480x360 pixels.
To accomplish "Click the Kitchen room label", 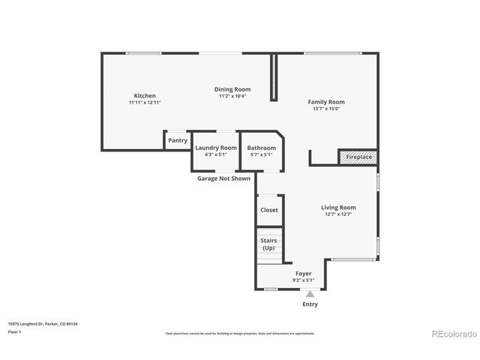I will click(x=145, y=96).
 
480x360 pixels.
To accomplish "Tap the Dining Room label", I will click(x=232, y=89).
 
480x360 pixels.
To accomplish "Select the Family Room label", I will click(x=326, y=102).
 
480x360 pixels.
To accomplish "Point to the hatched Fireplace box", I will click(x=358, y=157).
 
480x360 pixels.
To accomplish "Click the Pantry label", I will click(x=178, y=140).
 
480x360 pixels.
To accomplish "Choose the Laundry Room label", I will click(x=216, y=148).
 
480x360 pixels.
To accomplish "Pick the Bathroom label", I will click(x=262, y=148).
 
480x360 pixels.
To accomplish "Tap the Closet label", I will click(x=269, y=210).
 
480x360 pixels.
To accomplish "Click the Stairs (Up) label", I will click(x=268, y=244).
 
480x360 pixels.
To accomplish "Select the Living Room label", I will click(x=339, y=207).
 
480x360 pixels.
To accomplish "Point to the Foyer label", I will click(x=304, y=274).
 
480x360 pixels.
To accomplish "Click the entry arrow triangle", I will click(x=310, y=294).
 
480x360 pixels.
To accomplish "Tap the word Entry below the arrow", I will click(x=310, y=304).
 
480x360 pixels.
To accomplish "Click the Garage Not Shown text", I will click(x=223, y=178).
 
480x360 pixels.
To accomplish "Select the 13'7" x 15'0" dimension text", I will click(x=326, y=109).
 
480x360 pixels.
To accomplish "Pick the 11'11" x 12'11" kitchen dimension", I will click(x=145, y=103).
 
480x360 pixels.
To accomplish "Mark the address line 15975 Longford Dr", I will click(x=43, y=324).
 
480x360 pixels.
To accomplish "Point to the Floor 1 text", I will click(x=14, y=331).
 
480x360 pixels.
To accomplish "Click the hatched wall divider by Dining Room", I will click(x=274, y=76).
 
